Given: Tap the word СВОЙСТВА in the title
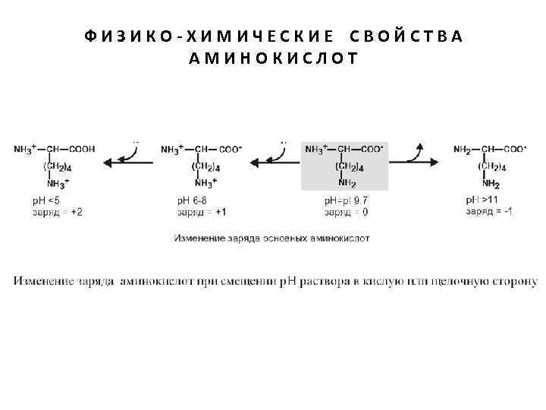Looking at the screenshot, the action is (407, 36).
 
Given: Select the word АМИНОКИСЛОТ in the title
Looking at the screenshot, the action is (272, 57).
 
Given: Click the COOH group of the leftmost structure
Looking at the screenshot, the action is (82, 150).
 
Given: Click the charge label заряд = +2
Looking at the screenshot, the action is (57, 212).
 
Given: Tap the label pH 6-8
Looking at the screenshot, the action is (192, 200).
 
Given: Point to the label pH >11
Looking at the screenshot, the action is (484, 200).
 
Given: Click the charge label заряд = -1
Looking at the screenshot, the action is (490, 211).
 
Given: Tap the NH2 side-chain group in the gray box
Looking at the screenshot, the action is (347, 183).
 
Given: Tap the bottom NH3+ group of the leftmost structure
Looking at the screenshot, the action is (58, 184).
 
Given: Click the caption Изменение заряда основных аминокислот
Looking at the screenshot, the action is (272, 238).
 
